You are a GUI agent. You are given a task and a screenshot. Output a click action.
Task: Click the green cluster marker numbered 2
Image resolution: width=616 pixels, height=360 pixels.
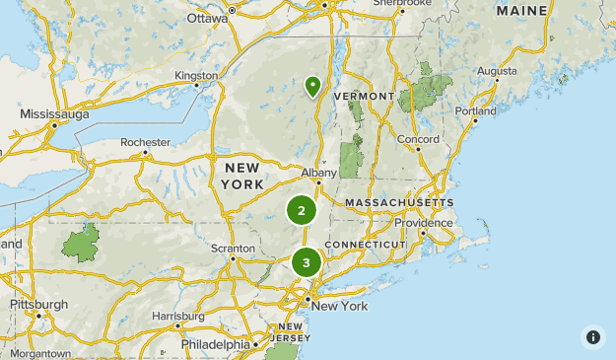302,210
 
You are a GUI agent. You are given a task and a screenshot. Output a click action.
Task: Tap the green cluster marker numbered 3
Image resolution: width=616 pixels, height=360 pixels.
307,262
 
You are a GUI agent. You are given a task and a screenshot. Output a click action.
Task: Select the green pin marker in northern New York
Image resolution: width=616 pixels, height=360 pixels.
312,87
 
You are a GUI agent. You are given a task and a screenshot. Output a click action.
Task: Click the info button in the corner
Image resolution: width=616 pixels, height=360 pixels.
592,336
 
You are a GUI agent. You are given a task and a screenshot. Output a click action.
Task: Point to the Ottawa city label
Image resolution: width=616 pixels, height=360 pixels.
207,18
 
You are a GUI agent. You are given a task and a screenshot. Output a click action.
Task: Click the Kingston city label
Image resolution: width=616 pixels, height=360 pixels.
195,75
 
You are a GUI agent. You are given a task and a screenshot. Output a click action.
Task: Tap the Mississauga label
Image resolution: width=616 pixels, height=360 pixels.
54,113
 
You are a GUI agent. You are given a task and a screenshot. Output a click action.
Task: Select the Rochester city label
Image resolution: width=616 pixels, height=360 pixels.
145,142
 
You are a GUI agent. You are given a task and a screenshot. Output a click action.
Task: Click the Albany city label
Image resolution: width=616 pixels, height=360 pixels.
319,173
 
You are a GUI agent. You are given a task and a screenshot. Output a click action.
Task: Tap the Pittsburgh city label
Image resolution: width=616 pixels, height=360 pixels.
39,304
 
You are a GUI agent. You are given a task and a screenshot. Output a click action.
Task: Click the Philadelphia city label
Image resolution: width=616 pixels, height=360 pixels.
216,344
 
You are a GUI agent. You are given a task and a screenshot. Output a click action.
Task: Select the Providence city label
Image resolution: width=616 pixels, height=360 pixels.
431,222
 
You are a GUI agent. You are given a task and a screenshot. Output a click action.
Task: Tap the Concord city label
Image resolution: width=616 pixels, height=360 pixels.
417,139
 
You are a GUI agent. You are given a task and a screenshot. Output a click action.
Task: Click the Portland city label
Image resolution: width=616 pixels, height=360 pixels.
475,111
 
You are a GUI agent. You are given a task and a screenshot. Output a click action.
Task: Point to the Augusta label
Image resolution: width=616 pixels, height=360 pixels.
496,71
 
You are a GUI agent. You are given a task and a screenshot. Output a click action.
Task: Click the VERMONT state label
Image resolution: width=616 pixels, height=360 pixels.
364,96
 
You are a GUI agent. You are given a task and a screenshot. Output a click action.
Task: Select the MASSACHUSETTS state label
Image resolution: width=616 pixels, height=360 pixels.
399,202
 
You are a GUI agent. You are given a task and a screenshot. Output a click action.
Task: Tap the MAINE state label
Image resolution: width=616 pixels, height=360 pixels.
522,11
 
